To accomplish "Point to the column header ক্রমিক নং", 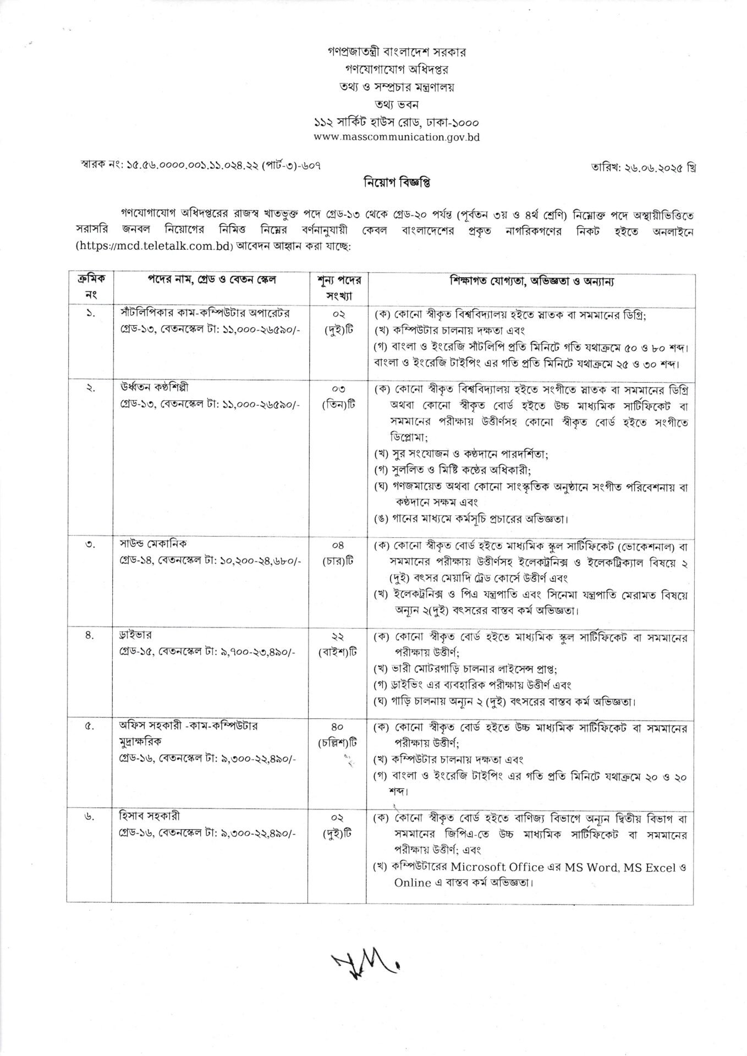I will (x=89, y=288).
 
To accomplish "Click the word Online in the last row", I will (x=412, y=883).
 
